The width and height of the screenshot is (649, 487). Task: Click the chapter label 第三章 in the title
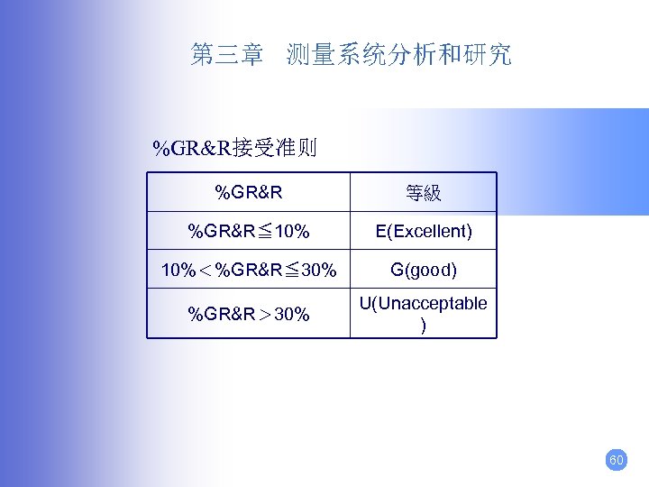226,55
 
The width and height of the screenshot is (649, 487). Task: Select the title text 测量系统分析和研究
398,55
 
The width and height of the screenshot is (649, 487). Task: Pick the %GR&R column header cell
249,192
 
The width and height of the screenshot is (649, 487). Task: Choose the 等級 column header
423,193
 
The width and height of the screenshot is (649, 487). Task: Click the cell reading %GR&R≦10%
249,232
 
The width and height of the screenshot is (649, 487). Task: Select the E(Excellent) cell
423,232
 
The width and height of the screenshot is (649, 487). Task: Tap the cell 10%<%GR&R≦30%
249,271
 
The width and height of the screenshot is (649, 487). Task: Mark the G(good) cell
423,271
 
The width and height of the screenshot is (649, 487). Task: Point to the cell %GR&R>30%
249,315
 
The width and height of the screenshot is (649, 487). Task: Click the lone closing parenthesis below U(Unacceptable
423,325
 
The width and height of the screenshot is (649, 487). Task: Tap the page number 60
617,460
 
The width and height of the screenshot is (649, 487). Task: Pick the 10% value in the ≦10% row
292,232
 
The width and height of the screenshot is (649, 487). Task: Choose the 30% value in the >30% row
291,315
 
